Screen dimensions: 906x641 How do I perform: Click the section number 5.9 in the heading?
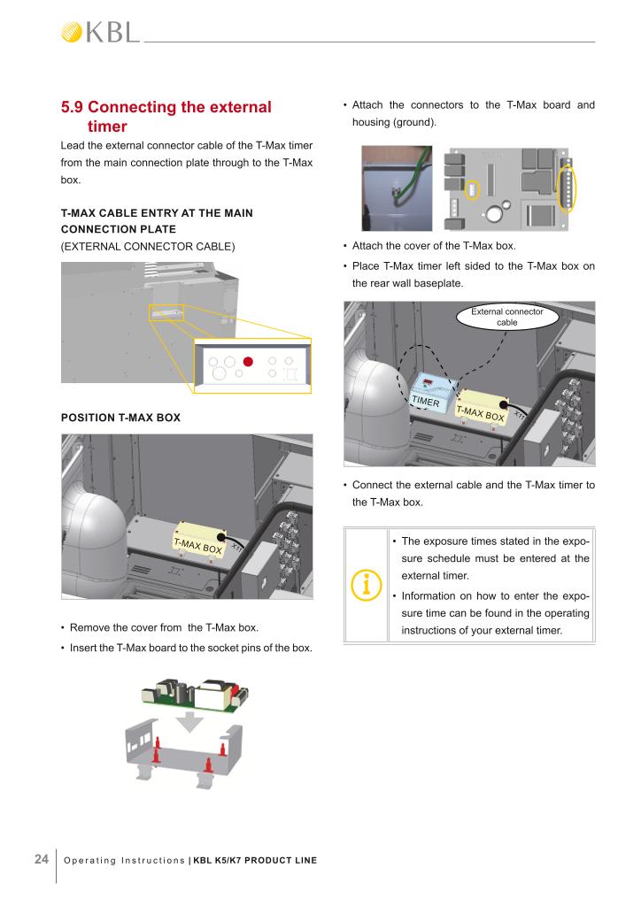(78, 107)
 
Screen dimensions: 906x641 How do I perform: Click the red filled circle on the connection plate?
(249, 361)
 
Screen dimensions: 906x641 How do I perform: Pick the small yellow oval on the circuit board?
(472, 189)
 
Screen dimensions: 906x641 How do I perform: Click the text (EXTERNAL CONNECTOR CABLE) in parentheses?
(148, 245)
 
